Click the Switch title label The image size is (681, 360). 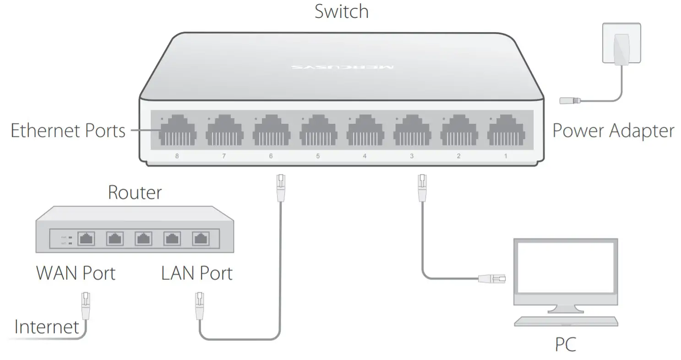(341, 11)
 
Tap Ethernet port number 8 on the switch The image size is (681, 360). (178, 131)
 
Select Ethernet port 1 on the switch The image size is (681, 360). (506, 131)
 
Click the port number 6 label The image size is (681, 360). (271, 156)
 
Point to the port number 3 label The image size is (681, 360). (412, 156)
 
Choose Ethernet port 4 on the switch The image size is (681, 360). (365, 131)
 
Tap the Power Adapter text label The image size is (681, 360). (613, 131)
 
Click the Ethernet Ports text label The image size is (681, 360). (68, 131)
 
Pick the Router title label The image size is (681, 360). (135, 192)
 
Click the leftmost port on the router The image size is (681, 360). (87, 239)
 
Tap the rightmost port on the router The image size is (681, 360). (200, 239)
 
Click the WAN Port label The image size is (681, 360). (76, 273)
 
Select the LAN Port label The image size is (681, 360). (197, 273)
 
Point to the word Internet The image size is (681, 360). (47, 327)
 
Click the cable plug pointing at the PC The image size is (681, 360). (492, 278)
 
